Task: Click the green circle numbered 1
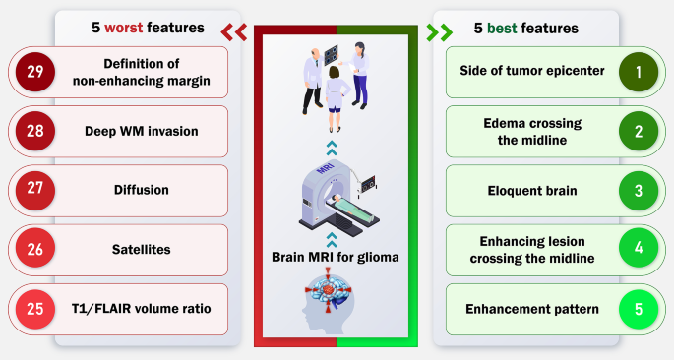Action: pyautogui.click(x=638, y=73)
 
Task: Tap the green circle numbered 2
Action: pyautogui.click(x=638, y=132)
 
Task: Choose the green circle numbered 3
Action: pyautogui.click(x=638, y=191)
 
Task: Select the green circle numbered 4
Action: pyautogui.click(x=638, y=250)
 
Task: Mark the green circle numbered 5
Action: pyautogui.click(x=638, y=309)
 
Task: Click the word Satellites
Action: pyautogui.click(x=142, y=250)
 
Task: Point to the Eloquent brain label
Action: pyautogui.click(x=532, y=191)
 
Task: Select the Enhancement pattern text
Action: pyautogui.click(x=532, y=309)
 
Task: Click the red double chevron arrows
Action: pyautogui.click(x=233, y=31)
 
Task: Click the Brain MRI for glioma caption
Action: pyautogui.click(x=337, y=258)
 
